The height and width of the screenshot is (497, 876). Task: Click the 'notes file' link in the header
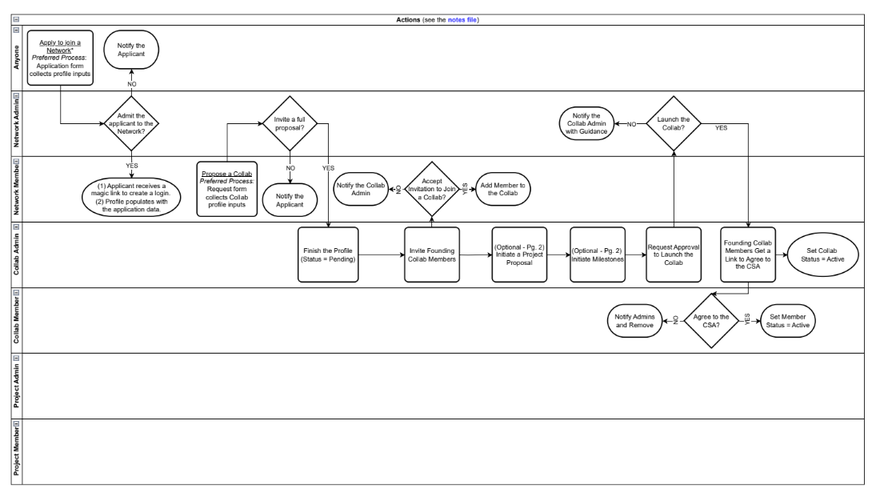point(463,19)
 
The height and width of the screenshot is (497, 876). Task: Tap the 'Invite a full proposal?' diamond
point(290,124)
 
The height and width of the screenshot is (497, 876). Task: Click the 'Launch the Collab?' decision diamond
point(674,124)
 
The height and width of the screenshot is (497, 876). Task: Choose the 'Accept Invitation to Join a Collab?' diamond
point(432,189)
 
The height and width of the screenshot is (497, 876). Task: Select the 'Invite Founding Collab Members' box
point(432,255)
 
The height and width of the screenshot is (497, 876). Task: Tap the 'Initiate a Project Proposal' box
point(518,255)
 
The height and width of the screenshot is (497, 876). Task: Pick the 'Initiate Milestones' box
point(597,255)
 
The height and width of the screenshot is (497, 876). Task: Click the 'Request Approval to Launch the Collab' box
point(674,255)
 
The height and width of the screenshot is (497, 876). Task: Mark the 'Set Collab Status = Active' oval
point(823,255)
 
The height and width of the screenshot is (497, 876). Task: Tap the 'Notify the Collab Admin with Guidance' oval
point(586,124)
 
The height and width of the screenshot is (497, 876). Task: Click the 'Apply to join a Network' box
point(61,57)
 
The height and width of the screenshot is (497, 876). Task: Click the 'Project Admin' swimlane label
point(16,386)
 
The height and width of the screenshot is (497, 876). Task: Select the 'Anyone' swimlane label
point(16,58)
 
